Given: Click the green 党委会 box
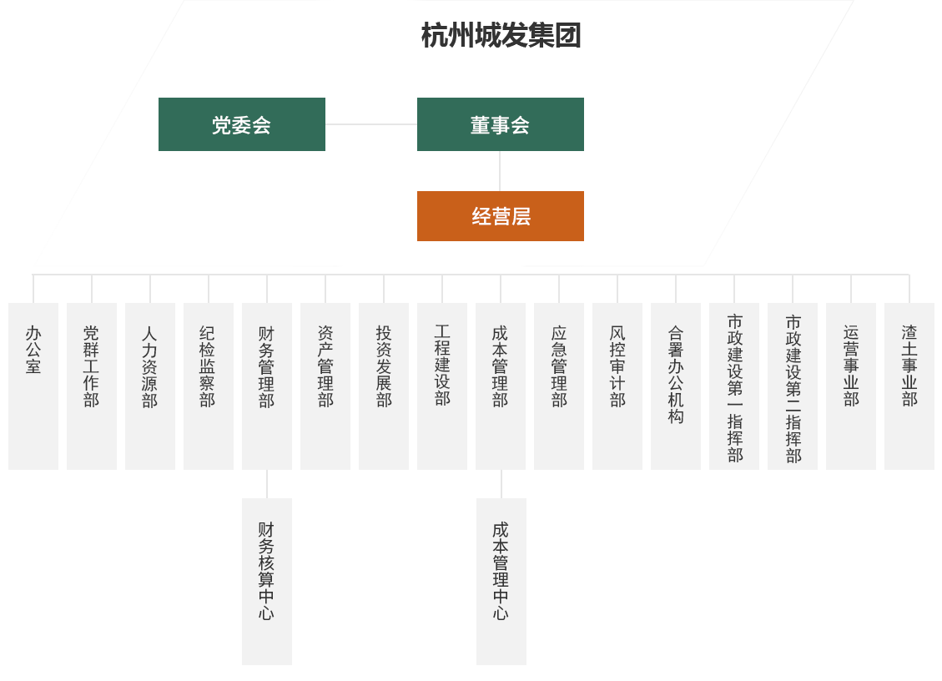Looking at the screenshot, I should (241, 124).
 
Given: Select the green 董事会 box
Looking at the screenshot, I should (500, 124).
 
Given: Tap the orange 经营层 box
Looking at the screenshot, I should (500, 216).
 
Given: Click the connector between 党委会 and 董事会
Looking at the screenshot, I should (370, 124).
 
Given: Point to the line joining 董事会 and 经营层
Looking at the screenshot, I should (500, 171).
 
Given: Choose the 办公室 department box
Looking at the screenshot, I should (33, 386).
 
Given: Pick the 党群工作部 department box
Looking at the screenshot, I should (91, 386).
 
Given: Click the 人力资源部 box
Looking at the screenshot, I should (149, 386).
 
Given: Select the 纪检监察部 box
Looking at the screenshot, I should (208, 386).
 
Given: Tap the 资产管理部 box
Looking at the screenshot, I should (325, 386).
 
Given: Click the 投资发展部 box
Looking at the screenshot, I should (383, 386).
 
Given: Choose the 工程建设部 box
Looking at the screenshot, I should (441, 386).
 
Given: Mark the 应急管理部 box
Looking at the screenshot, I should (558, 386).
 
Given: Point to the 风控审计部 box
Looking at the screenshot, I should (617, 386).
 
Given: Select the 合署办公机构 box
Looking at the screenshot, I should (675, 386).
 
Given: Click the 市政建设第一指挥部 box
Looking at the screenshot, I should (733, 386).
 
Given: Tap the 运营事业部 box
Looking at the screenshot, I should (850, 386).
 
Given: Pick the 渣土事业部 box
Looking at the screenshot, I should (909, 386).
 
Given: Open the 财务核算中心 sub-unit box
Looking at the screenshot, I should (266, 581).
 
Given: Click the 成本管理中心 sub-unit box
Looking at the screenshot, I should (501, 581).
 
